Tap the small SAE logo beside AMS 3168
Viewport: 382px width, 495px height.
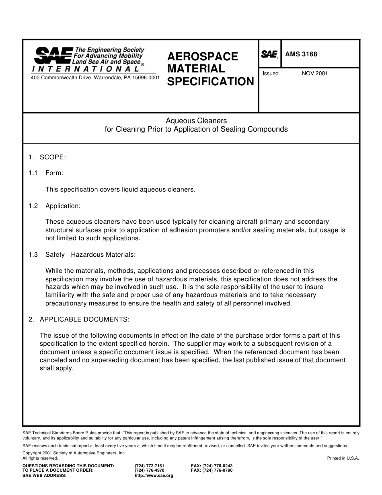point(269,54)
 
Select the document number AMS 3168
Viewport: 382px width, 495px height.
point(301,54)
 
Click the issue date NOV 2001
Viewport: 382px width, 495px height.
point(314,74)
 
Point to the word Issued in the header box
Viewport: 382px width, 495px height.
point(271,74)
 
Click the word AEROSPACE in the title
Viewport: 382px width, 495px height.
point(203,56)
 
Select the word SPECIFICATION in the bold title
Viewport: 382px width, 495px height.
point(210,82)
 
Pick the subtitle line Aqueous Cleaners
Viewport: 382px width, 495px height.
point(196,121)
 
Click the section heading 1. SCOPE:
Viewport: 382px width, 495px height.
point(47,157)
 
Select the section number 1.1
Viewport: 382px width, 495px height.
point(33,173)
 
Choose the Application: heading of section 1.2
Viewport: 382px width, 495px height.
point(63,206)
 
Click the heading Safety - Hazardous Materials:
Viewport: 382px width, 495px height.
point(90,255)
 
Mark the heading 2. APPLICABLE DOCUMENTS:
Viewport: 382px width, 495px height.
point(79,319)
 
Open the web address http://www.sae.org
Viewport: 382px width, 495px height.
point(154,475)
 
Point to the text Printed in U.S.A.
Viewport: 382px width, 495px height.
point(343,458)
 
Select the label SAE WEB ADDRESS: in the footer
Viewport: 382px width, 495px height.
point(44,475)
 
